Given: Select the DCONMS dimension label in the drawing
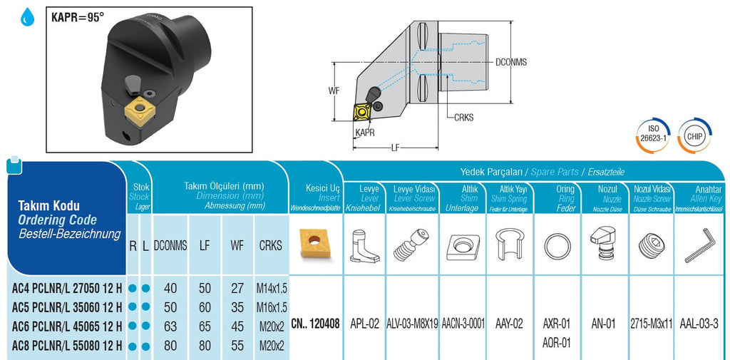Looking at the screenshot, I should click(510, 62).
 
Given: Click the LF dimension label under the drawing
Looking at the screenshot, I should click(395, 148).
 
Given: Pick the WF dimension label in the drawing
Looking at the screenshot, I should click(334, 91).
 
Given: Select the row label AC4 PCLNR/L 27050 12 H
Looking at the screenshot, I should click(66, 289).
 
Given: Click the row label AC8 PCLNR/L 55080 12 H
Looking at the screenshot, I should click(66, 346).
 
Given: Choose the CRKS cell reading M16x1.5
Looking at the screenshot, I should click(271, 307).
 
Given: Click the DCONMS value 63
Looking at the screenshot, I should click(170, 326).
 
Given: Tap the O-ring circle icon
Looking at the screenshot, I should click(557, 247).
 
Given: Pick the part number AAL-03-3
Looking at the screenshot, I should click(699, 323).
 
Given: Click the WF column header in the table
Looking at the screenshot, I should click(237, 245).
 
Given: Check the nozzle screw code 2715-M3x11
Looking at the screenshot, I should click(652, 323).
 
